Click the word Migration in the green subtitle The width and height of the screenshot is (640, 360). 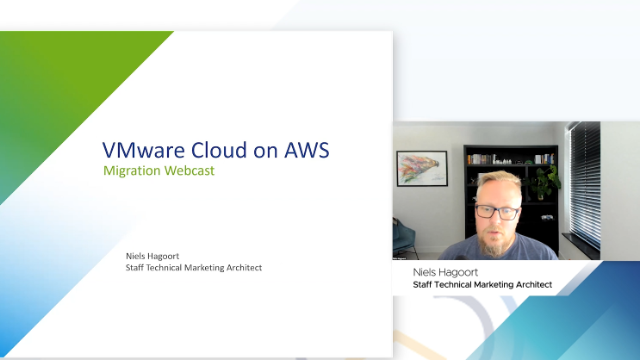click(136, 170)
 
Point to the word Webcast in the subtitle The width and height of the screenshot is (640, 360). click(192, 170)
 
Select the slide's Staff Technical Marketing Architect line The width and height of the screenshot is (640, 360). click(194, 268)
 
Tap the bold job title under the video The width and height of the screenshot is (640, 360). click(482, 285)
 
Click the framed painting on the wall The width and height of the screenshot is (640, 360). click(421, 168)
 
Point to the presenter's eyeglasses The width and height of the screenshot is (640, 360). click(496, 211)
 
